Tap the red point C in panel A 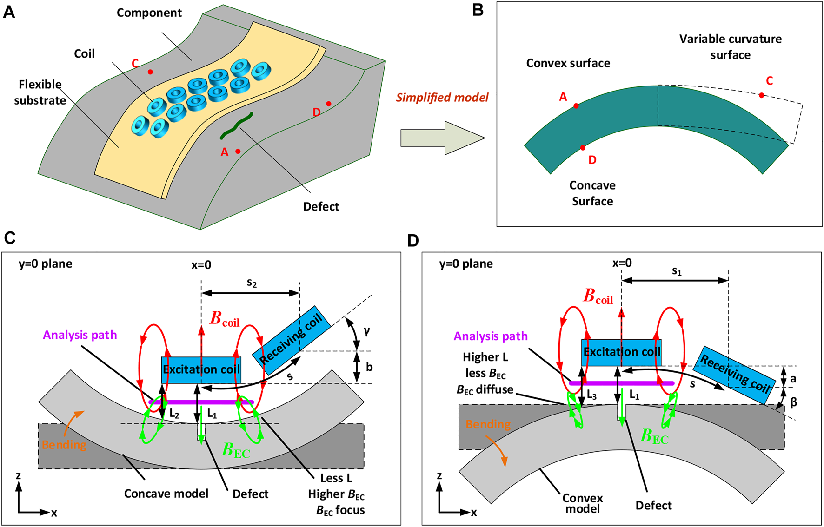150,72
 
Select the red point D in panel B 583,148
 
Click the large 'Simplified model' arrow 442,138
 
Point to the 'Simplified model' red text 442,98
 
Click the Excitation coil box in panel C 201,370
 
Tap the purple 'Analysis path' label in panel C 80,335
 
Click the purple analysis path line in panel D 622,383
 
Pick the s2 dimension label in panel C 252,283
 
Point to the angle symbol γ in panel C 367,330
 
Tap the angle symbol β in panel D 794,402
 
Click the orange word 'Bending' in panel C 64,445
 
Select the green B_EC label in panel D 654,437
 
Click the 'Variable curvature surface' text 730,46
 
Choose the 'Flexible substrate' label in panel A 40,92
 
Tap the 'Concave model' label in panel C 166,494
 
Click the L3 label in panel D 591,395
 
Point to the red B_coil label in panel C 224,319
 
